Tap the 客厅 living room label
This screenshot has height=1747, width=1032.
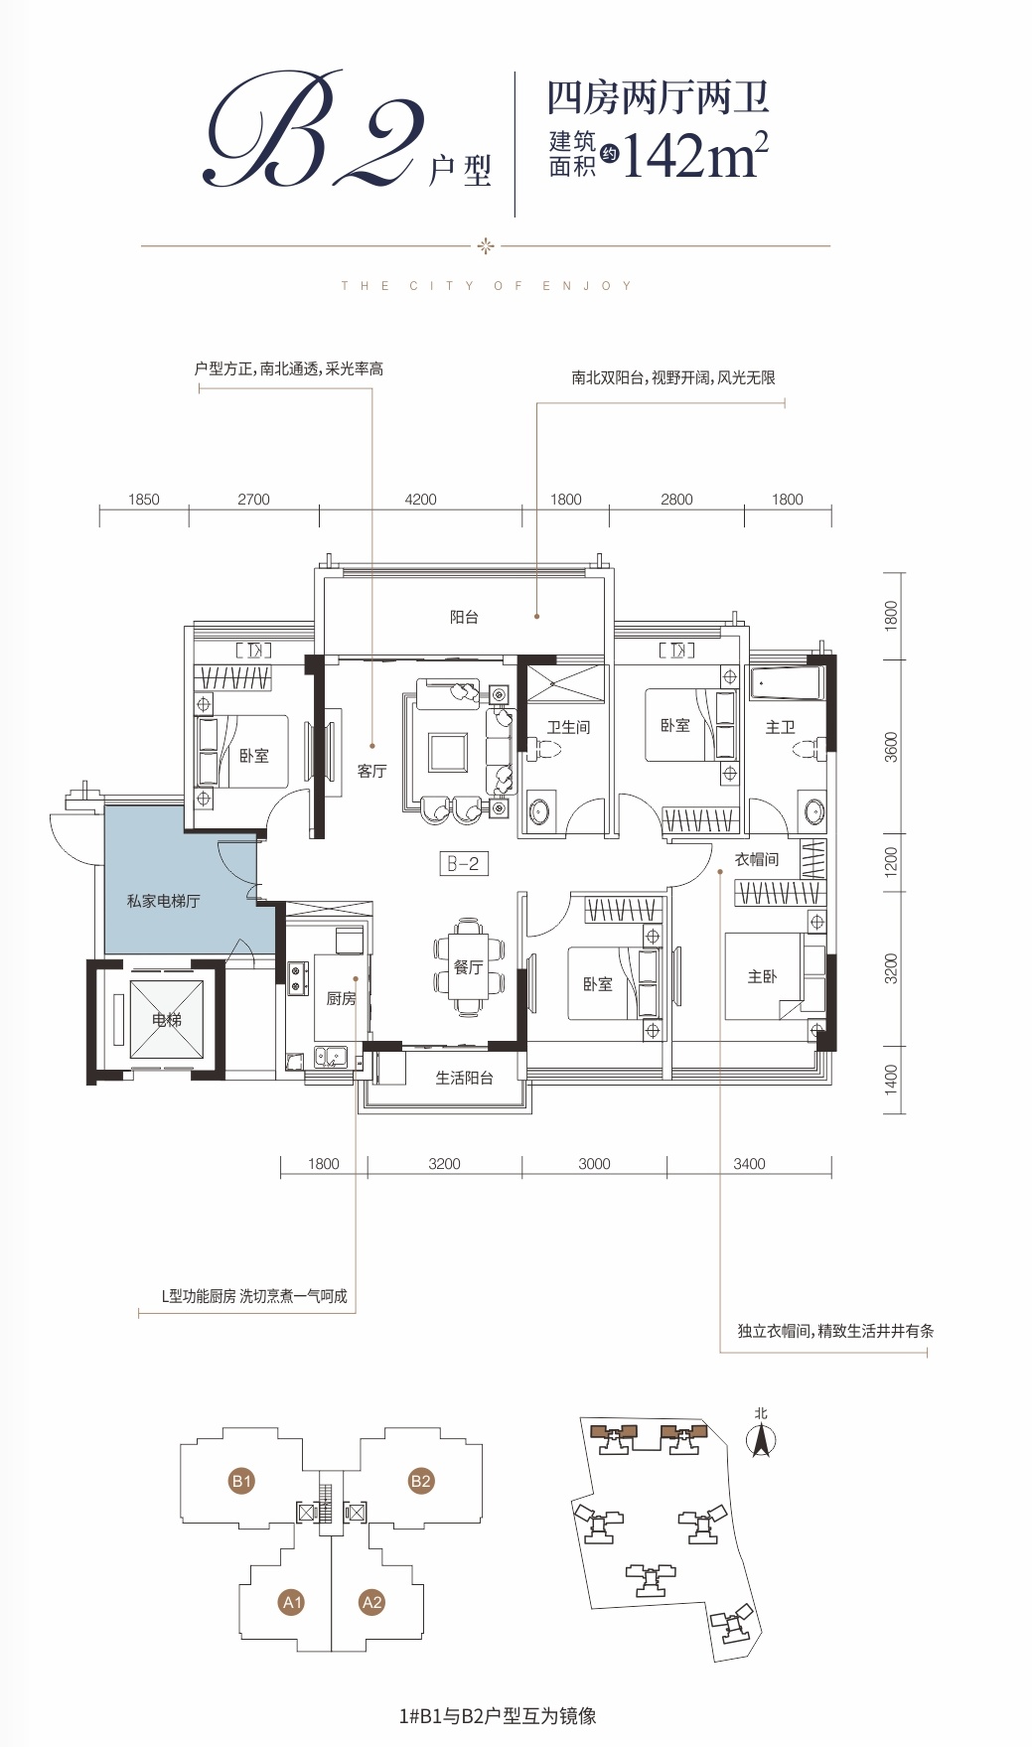[371, 771]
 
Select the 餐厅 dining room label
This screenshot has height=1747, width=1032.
[468, 966]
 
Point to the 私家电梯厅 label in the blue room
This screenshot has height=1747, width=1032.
[163, 901]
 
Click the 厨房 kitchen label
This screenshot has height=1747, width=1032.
[341, 998]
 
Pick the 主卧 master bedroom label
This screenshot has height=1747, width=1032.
[762, 976]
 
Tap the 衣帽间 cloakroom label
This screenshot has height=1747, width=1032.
[757, 859]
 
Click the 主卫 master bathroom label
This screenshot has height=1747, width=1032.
[780, 727]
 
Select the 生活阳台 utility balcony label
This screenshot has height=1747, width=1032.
[464, 1078]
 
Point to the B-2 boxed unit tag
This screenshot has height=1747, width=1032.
[464, 864]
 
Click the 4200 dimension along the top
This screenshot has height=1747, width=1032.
[420, 500]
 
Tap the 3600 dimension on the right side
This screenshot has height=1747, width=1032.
[891, 747]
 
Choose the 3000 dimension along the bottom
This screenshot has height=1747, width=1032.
[594, 1164]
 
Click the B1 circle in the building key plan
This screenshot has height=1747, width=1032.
[241, 1481]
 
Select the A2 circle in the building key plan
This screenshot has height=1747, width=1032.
[371, 1602]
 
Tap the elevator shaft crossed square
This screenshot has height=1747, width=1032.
[167, 1019]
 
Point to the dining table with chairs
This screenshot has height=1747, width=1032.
[469, 967]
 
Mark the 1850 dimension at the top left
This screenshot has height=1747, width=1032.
[144, 500]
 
